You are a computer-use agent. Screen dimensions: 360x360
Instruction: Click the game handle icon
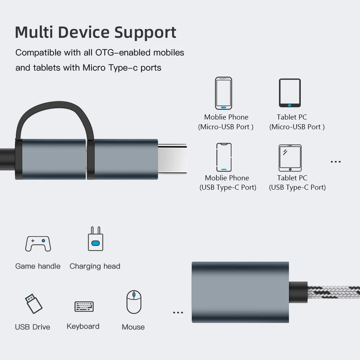coord(38,244)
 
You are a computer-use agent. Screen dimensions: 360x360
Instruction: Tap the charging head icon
coord(95,239)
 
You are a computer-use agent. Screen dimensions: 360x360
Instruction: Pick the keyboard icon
coord(84,306)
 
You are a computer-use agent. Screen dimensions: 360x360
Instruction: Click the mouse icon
coord(134,302)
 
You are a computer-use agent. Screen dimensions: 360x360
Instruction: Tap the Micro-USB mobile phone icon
coord(224,93)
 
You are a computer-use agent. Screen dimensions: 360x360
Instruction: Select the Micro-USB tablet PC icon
coord(290,93)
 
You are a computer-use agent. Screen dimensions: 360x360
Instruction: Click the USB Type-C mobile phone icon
coord(224,157)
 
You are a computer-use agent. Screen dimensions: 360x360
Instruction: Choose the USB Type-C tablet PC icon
coord(290,158)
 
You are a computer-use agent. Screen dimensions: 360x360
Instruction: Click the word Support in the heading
coord(145,32)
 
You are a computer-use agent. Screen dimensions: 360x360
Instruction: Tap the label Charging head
coord(95,266)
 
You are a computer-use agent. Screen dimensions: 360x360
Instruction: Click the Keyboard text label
coord(83,327)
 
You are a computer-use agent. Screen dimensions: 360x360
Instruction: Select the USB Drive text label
coord(32,327)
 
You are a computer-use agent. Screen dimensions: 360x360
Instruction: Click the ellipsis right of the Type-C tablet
coord(336,162)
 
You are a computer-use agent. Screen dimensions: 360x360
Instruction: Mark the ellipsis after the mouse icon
coord(178,312)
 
